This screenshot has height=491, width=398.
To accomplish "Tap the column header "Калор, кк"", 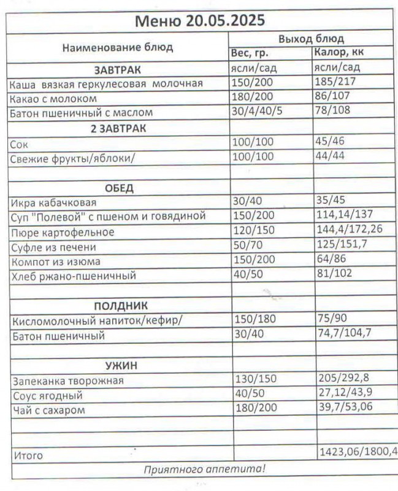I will tap(339, 53).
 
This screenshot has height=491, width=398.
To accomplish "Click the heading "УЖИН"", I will tap(120, 366).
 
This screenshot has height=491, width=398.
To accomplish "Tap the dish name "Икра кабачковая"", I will tap(53, 203).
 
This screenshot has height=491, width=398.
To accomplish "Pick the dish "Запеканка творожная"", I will tap(67, 381).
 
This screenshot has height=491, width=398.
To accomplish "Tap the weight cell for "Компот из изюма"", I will tap(252, 261).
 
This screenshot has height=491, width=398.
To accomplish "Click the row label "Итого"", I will tap(28, 456).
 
